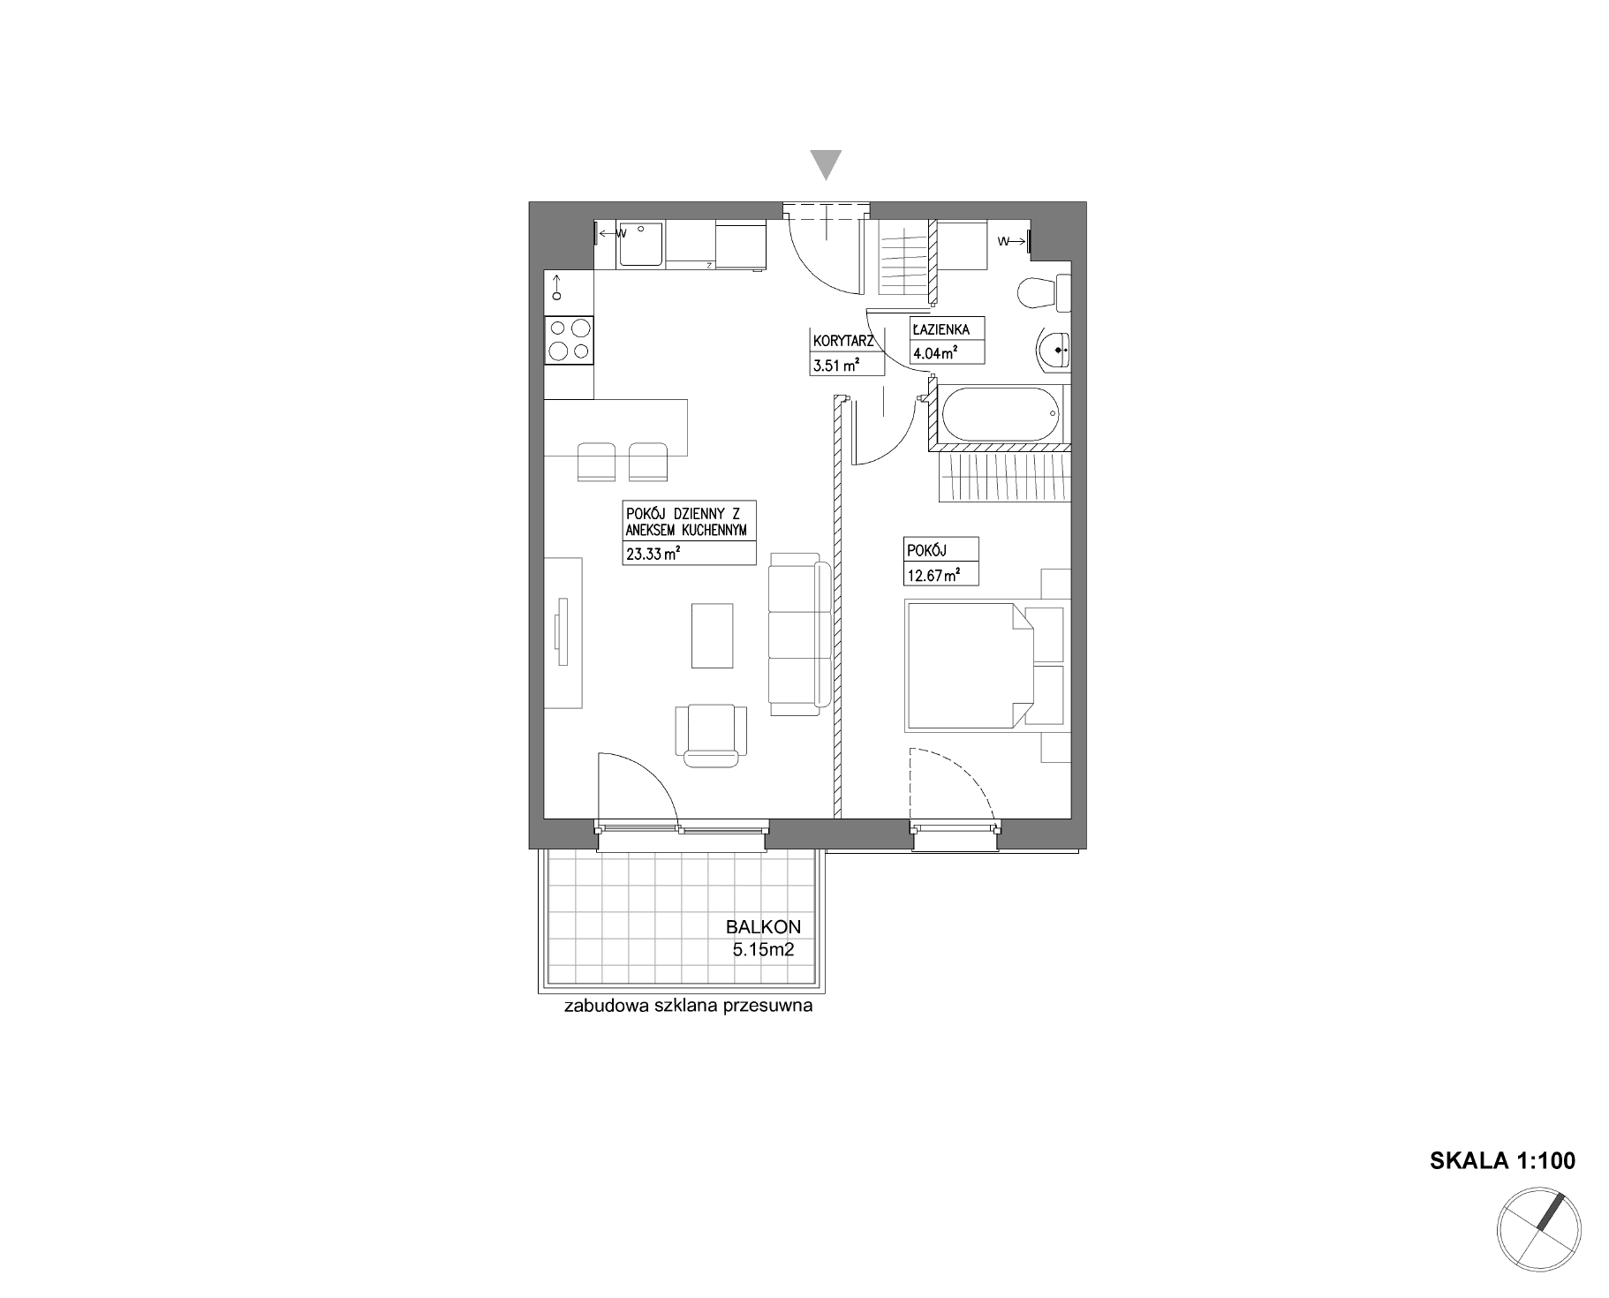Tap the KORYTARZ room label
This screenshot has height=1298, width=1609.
[843, 341]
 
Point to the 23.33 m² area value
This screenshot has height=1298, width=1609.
[653, 554]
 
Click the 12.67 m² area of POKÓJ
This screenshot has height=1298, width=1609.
[933, 575]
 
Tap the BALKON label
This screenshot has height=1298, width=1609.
[763, 927]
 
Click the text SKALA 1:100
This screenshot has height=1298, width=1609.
[1502, 1160]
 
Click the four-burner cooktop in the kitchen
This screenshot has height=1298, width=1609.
[570, 339]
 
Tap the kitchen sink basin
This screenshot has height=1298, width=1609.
[639, 244]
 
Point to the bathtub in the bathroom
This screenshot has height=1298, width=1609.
[1000, 413]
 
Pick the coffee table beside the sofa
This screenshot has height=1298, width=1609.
[713, 636]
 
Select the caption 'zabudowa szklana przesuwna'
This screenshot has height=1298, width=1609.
[688, 1007]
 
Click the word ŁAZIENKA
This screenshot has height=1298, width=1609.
[941, 329]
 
